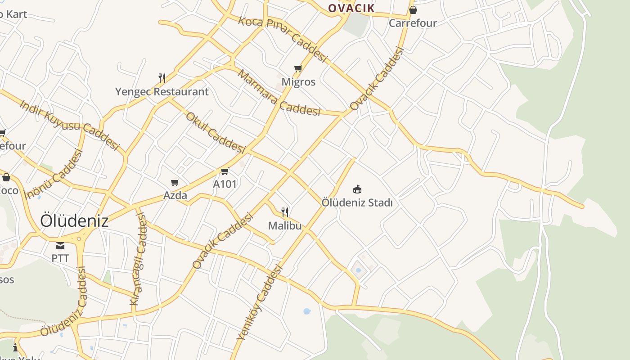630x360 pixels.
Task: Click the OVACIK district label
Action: tap(351, 8)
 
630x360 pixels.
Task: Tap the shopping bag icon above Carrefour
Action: tap(413, 10)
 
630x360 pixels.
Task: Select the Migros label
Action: tap(298, 82)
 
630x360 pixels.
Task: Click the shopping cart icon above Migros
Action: tap(298, 69)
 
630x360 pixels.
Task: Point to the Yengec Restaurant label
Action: tap(162, 92)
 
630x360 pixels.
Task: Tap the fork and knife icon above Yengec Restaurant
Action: tap(162, 78)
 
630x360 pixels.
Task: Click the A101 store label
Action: tap(225, 184)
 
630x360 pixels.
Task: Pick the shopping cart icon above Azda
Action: tap(175, 182)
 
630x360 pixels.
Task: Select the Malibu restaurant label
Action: tap(285, 225)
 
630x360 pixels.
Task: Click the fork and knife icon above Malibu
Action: tap(285, 212)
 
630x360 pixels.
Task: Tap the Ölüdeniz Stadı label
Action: tap(357, 203)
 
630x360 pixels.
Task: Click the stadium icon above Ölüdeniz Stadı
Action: tap(357, 189)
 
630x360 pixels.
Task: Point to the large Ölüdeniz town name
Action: tap(74, 220)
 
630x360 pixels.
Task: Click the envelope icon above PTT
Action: tap(60, 246)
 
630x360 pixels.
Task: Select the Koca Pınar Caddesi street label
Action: tap(282, 39)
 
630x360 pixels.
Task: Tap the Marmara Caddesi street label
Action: tap(279, 93)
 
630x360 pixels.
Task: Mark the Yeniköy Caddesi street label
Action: tap(260, 302)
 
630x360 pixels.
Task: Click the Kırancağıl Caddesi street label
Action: tap(138, 259)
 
